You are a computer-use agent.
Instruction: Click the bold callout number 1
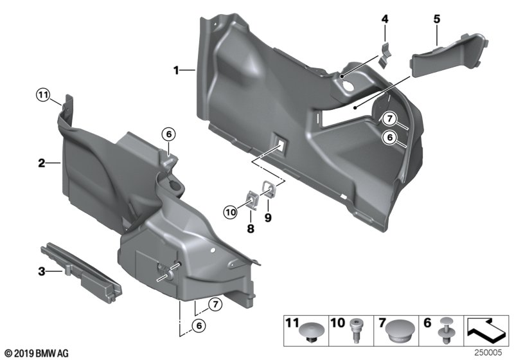pyautogui.click(x=176, y=70)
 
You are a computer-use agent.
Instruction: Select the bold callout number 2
pyautogui.click(x=42, y=163)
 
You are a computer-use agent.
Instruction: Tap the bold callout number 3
pyautogui.click(x=42, y=271)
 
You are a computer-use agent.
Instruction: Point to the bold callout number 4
pyautogui.click(x=385, y=19)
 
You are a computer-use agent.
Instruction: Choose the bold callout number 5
pyautogui.click(x=437, y=19)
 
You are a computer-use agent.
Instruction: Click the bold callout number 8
pyautogui.click(x=251, y=228)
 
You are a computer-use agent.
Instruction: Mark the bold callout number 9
pyautogui.click(x=268, y=217)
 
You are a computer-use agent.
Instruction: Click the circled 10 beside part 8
pyautogui.click(x=231, y=212)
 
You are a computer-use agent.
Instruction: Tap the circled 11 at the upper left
pyautogui.click(x=42, y=96)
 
